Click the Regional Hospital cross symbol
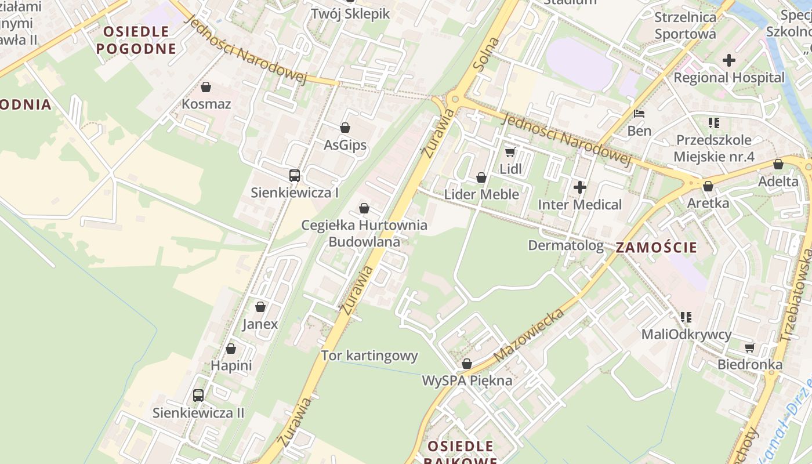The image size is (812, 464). point(729,60)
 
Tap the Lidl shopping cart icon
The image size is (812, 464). point(510,152)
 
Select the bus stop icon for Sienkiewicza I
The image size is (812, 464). point(295,175)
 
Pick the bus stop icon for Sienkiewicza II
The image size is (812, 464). point(198,396)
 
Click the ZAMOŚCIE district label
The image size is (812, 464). point(656,248)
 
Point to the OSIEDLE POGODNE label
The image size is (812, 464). point(136,40)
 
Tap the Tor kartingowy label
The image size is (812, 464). point(369,356)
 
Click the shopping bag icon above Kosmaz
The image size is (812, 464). point(205,87)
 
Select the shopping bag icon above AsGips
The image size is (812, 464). point(345,128)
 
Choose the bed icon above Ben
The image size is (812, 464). point(639,114)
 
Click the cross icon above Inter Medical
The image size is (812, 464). point(579,187)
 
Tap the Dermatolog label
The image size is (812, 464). point(565,245)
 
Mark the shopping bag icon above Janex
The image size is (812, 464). point(260,306)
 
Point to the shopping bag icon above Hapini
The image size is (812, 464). point(231,349)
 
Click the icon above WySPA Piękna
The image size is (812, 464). point(466,364)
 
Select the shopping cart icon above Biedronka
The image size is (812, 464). point(749,347)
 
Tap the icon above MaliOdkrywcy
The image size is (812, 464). point(686,317)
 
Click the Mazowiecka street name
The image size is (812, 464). point(529,336)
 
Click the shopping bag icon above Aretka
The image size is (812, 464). point(708,186)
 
